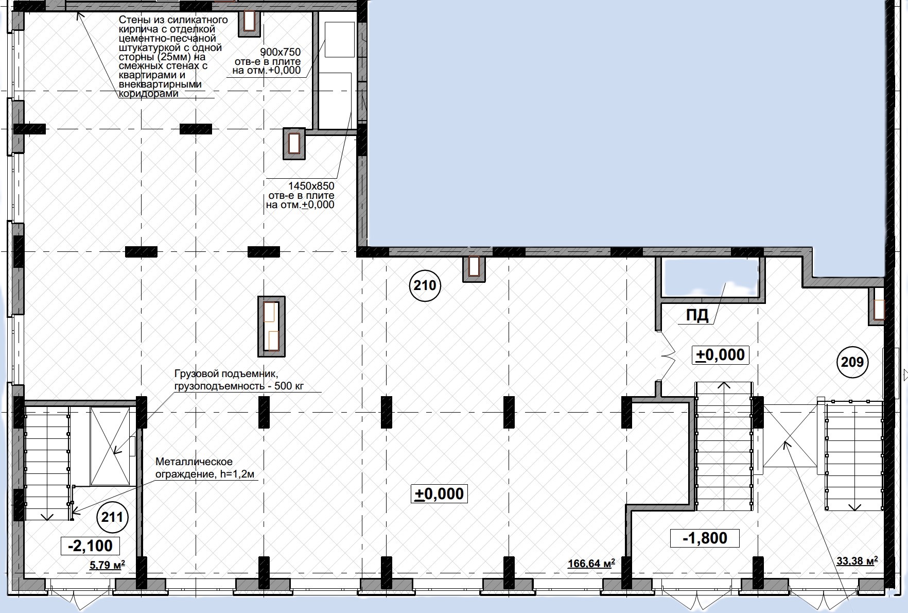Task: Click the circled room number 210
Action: [x=425, y=285]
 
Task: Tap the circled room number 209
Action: [x=852, y=362]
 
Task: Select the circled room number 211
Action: [x=112, y=517]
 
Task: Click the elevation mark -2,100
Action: [x=90, y=546]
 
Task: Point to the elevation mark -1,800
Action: [x=705, y=538]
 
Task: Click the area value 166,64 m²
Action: [x=591, y=564]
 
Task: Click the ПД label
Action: [x=697, y=315]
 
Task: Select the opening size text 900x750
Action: [x=280, y=52]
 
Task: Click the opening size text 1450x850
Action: [x=311, y=186]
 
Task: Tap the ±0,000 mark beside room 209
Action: [x=720, y=355]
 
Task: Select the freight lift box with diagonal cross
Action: [x=111, y=446]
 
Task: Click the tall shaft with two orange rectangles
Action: [x=271, y=326]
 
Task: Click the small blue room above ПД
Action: [x=711, y=278]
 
